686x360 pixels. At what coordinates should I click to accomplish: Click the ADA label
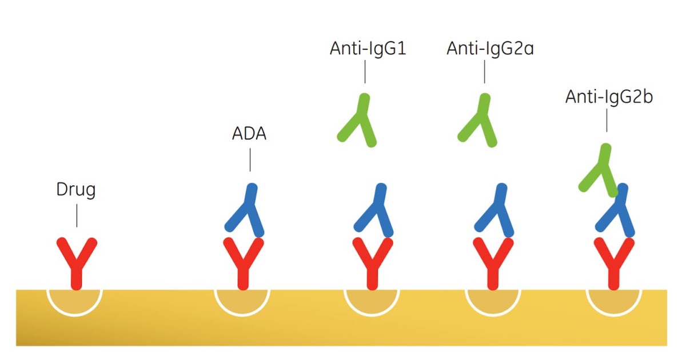(x=249, y=135)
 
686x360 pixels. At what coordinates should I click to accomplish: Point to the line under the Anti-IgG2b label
(x=607, y=121)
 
